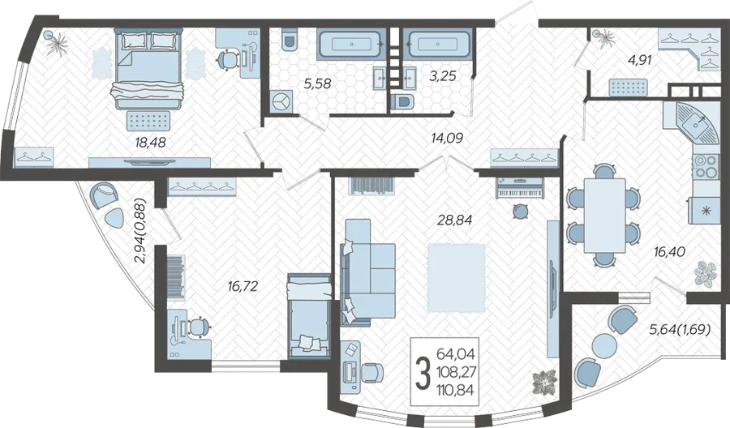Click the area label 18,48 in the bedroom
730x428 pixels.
click(x=150, y=142)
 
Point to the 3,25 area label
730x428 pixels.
click(x=441, y=76)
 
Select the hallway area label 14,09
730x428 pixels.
click(x=447, y=138)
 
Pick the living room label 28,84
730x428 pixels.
click(x=454, y=220)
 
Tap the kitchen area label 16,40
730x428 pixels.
click(x=669, y=252)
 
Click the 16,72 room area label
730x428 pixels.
click(x=242, y=286)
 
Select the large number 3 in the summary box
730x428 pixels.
click(x=422, y=373)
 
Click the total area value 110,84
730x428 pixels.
click(x=455, y=390)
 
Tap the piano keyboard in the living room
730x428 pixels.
click(x=520, y=188)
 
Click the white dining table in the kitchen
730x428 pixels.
click(x=604, y=216)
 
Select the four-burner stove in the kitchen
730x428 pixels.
click(x=706, y=166)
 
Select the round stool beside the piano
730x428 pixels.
click(x=520, y=212)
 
